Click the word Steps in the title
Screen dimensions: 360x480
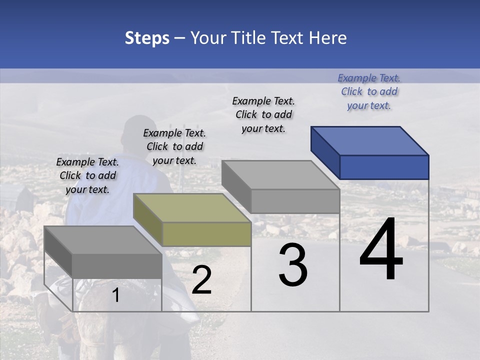click(147, 38)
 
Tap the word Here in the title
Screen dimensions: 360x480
click(328, 38)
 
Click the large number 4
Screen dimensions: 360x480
click(381, 250)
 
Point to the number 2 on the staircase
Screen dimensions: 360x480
click(201, 280)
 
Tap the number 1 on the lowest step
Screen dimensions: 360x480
click(116, 295)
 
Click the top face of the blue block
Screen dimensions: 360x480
click(370, 140)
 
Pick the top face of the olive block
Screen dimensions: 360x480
click(192, 207)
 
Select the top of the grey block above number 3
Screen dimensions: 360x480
click(280, 175)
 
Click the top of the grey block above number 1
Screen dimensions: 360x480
click(103, 240)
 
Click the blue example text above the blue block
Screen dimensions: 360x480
click(369, 92)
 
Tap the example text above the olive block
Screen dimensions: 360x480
click(174, 147)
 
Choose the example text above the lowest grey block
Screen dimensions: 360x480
click(87, 176)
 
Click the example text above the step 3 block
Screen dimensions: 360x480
click(263, 115)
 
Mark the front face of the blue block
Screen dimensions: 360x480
click(384, 167)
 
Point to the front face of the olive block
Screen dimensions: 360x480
click(206, 234)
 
